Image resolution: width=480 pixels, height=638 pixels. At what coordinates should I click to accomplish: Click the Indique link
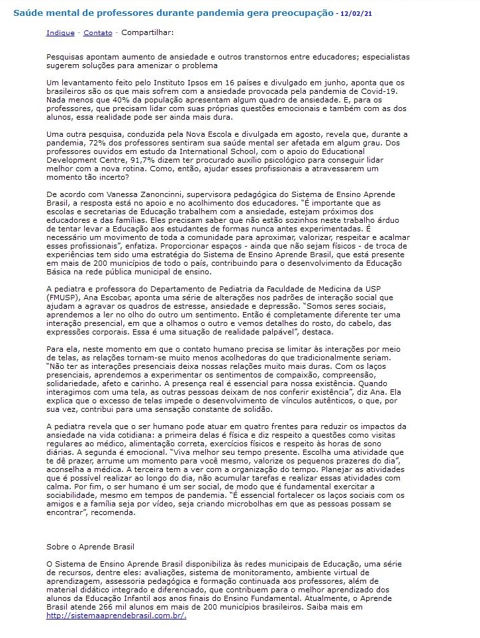tap(60, 32)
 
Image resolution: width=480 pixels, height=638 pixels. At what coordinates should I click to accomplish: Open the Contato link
tap(98, 32)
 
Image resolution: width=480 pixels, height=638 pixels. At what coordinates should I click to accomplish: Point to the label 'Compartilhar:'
tap(147, 32)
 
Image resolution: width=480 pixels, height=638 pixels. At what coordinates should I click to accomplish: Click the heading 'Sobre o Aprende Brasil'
tap(91, 547)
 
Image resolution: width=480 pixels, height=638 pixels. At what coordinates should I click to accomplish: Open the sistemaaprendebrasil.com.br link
tap(116, 616)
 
